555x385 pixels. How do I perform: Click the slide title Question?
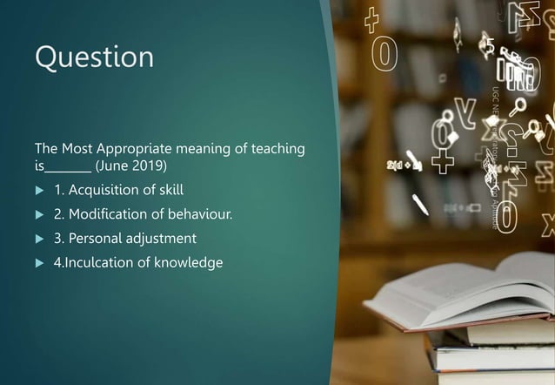coord(94,57)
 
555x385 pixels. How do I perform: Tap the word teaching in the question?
coord(277,149)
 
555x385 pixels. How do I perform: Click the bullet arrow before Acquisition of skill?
coord(38,190)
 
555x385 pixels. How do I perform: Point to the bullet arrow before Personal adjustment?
coord(38,239)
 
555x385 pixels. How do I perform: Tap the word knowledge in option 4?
coord(190,262)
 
